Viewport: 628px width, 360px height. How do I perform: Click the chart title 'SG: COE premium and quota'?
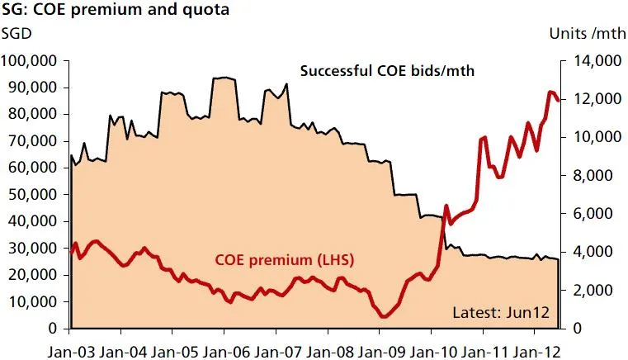[116, 12]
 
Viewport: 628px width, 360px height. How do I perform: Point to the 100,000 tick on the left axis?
[31, 61]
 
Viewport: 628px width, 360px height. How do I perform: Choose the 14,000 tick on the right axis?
[593, 61]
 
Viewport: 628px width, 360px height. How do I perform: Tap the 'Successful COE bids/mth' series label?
[386, 70]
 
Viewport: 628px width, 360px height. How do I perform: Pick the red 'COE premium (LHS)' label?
[284, 261]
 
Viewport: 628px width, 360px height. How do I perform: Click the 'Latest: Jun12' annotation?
[501, 313]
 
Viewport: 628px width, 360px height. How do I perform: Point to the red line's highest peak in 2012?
[550, 92]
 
